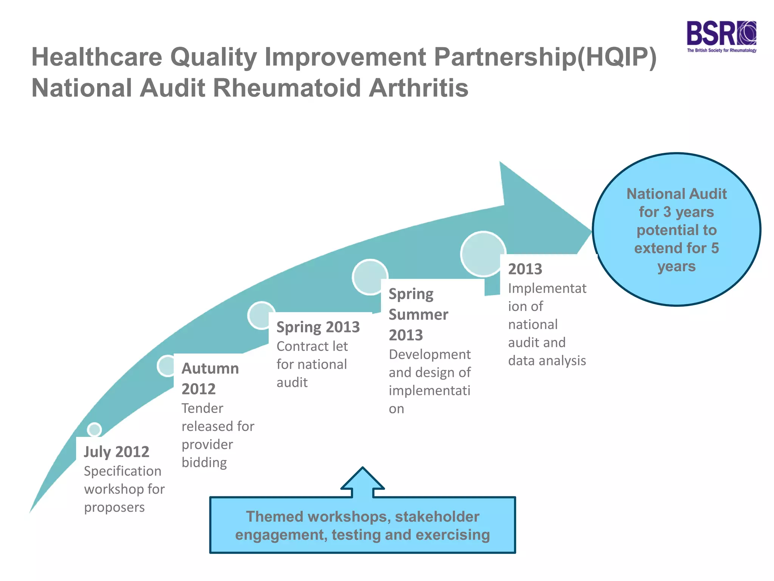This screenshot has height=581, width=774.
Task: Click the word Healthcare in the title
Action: coord(97,57)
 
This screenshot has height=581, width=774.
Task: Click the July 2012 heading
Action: coord(116,452)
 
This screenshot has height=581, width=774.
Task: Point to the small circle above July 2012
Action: coord(94,429)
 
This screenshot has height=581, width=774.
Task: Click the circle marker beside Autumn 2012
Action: coord(166,366)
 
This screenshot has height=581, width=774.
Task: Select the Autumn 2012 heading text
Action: coord(210,378)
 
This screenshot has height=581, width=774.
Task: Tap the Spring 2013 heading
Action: coord(318,327)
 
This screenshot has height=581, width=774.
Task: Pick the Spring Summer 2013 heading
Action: coord(418,314)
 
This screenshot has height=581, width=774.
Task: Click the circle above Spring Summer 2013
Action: coord(370,277)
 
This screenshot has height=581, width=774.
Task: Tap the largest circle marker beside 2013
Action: coord(483,254)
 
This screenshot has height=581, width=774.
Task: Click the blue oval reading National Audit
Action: coord(676,229)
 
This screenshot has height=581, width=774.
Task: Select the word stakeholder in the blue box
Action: coord(437,517)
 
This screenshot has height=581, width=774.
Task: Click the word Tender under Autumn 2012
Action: coord(202,408)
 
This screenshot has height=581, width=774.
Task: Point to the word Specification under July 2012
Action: coord(122,471)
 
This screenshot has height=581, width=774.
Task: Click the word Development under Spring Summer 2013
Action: coord(429,354)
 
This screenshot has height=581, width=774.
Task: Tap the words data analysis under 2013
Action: coord(547,360)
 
